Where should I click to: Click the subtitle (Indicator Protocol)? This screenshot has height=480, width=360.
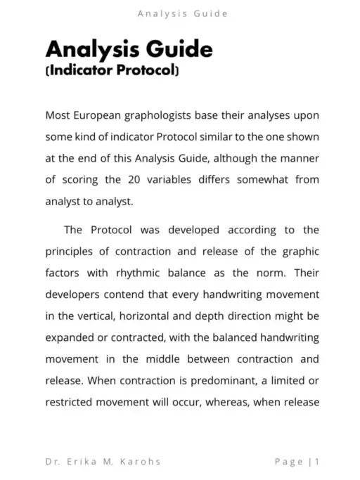112,71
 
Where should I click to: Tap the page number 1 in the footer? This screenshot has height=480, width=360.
319,462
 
